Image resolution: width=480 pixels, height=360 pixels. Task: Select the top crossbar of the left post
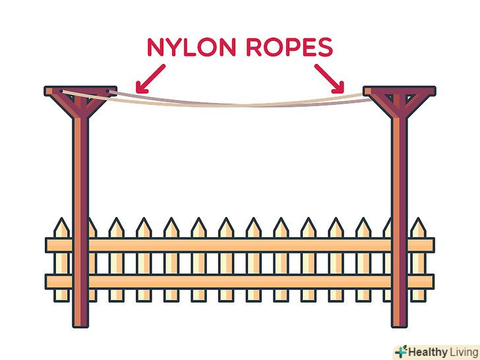coord(80,90)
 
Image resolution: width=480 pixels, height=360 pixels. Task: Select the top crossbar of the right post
coord(399,90)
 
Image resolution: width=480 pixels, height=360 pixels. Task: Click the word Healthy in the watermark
coord(428,351)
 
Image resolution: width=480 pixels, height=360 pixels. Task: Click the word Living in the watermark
coord(464,351)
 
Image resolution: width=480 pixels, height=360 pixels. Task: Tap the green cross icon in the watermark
coord(401,351)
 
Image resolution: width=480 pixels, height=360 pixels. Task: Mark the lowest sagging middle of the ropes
coord(240,104)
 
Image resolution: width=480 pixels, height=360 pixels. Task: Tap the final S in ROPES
coord(324,47)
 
